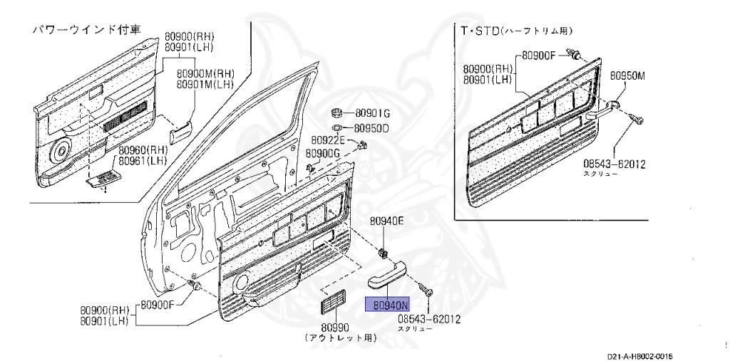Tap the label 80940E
387,221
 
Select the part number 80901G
373,113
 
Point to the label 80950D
373,128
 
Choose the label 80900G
323,153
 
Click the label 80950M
627,77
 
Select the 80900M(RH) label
205,73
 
